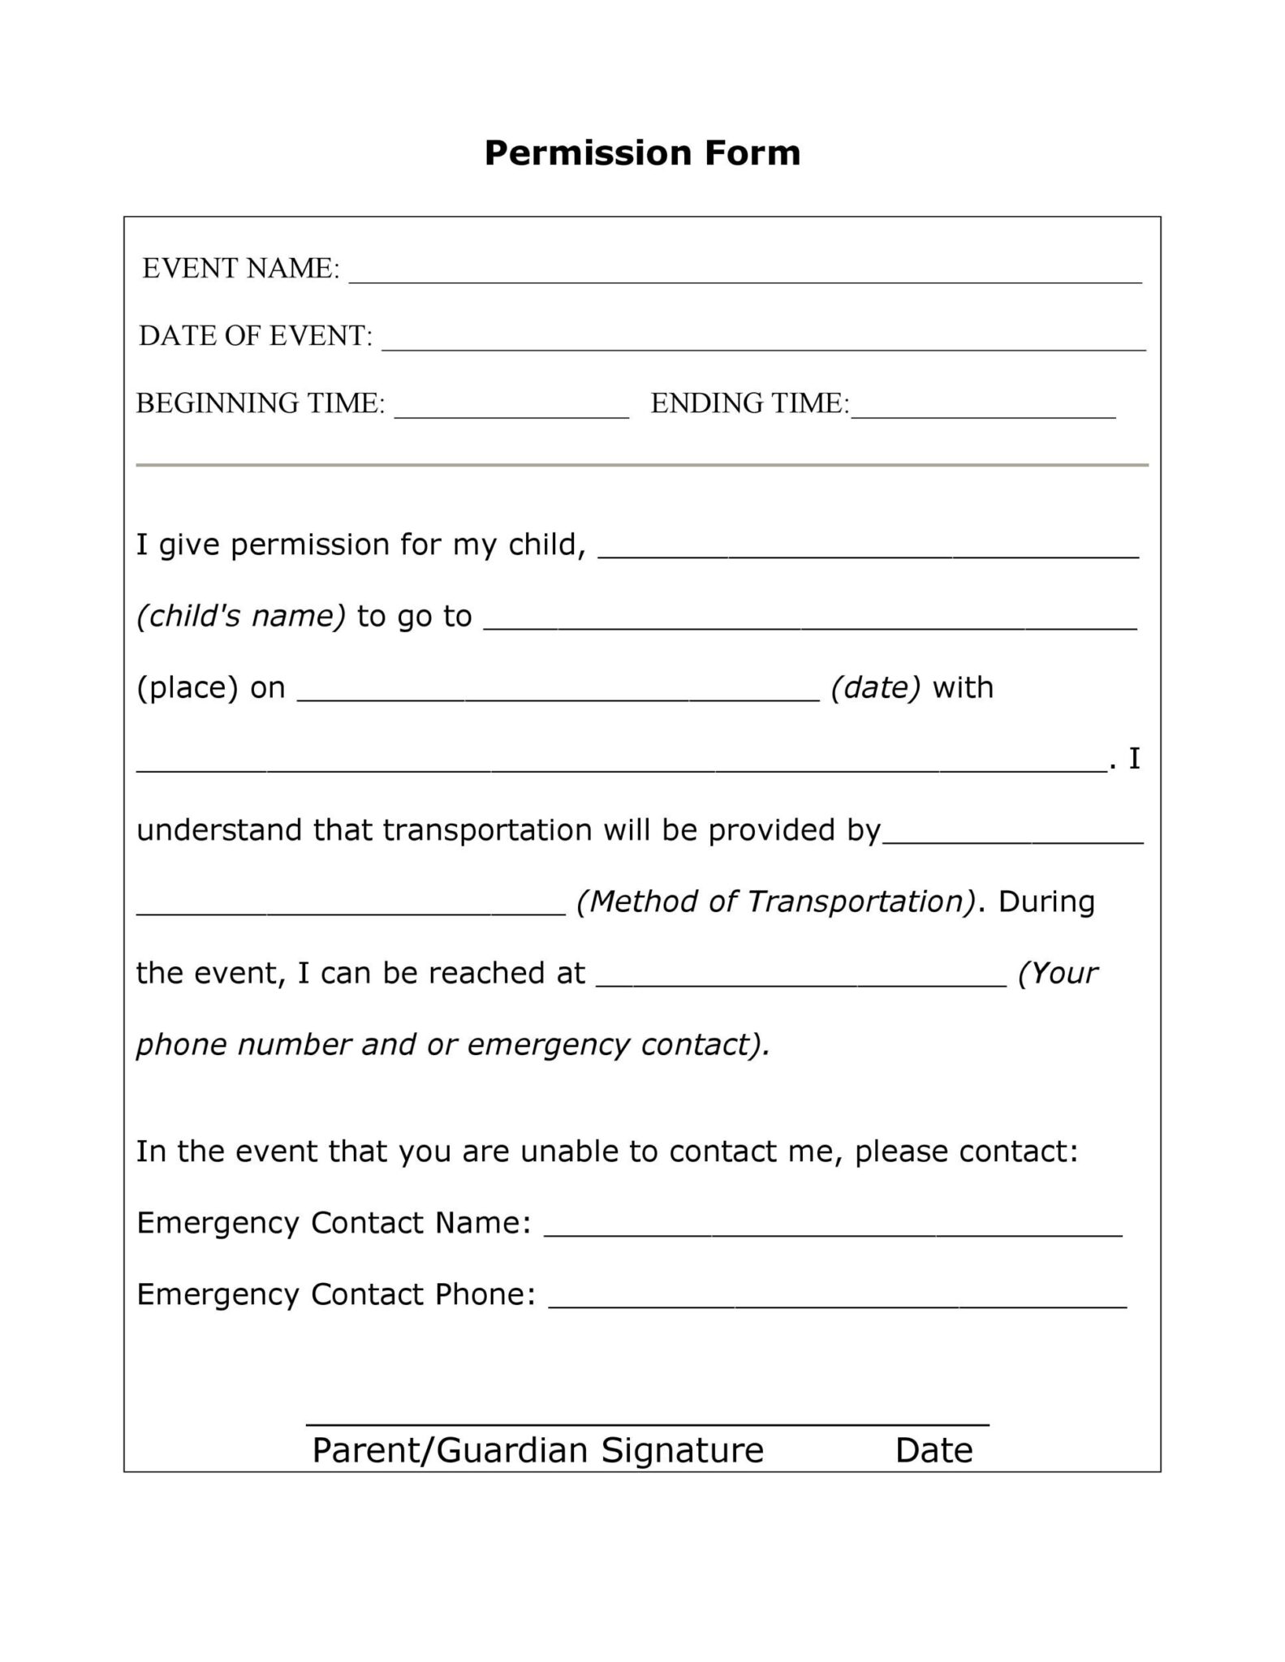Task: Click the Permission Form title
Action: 642,153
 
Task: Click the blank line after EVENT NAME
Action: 744,276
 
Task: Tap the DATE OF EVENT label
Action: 255,336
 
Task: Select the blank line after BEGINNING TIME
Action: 511,411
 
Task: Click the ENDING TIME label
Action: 748,403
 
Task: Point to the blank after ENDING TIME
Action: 983,411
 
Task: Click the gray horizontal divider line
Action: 642,465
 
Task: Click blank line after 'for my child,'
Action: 868,552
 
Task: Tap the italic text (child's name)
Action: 241,617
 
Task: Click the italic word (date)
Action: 875,688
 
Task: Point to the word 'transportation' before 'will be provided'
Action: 487,830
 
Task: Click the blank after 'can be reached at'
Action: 801,980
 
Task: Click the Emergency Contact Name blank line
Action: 832,1229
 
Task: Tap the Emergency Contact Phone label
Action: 335,1294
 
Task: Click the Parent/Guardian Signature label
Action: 537,1450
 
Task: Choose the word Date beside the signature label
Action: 934,1450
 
